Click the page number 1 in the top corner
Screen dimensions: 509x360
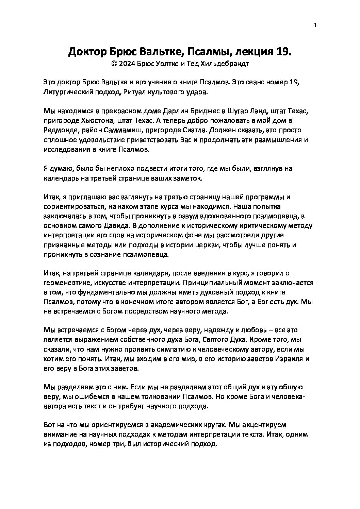(315, 25)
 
